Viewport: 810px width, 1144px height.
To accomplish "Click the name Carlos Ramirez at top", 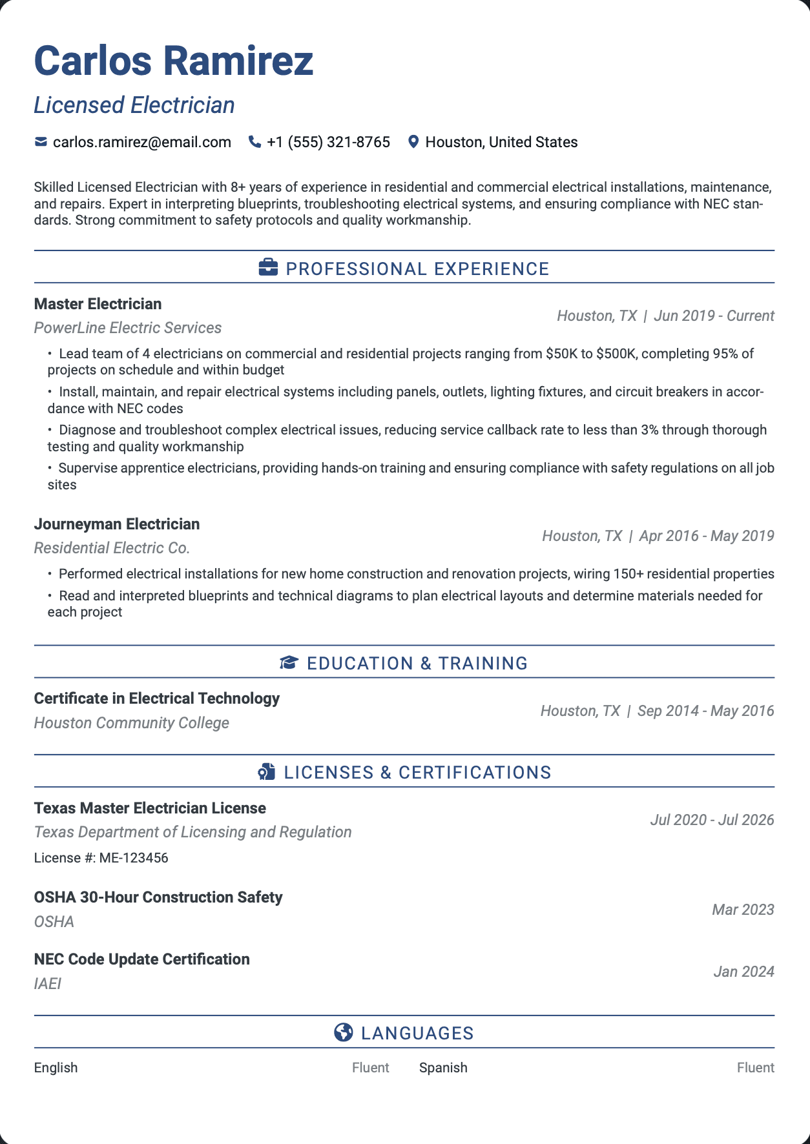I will [x=173, y=61].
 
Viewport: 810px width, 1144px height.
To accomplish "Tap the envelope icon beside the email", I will [x=41, y=142].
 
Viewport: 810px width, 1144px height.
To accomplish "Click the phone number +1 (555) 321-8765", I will [x=328, y=142].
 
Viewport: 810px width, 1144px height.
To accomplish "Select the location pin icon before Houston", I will [x=413, y=142].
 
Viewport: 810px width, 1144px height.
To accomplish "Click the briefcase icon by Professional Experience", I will [x=268, y=268].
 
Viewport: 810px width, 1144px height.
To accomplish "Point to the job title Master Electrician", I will [x=98, y=304].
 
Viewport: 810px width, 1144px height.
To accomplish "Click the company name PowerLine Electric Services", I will [x=128, y=328].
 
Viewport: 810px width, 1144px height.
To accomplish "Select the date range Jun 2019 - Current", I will [x=714, y=316].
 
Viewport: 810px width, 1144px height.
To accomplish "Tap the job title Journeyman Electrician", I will [x=117, y=524].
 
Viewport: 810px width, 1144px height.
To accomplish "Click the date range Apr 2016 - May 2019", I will [x=706, y=536].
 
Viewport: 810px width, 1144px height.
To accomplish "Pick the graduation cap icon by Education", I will [x=289, y=663].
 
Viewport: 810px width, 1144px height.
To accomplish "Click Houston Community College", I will [x=132, y=723].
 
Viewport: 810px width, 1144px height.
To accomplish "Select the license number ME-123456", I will [x=134, y=858].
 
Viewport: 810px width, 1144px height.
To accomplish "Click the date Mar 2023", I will [x=743, y=910].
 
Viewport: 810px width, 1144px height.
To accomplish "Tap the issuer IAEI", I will [x=48, y=984].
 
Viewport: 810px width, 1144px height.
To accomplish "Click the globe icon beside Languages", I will [x=344, y=1033].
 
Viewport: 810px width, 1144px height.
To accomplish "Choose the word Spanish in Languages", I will [x=443, y=1068].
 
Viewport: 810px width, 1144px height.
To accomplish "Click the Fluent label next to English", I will [x=370, y=1068].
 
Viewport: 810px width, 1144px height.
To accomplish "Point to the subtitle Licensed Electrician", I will [x=134, y=105].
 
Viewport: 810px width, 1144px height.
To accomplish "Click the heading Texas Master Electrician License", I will [x=150, y=808].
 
